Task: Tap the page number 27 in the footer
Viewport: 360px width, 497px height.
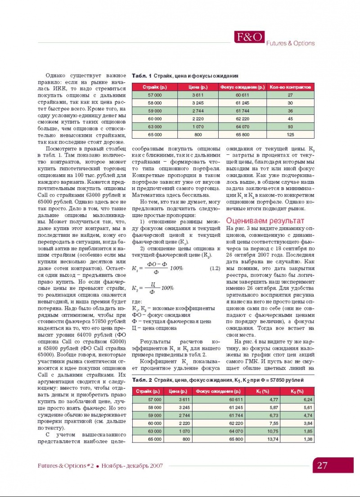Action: click(322, 465)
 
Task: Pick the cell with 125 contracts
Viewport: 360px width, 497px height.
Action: click(290, 134)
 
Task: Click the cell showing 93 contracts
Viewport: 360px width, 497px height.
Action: click(290, 127)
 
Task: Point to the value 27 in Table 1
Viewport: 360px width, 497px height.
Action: click(290, 95)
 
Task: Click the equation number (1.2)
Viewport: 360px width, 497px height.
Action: click(215, 269)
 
